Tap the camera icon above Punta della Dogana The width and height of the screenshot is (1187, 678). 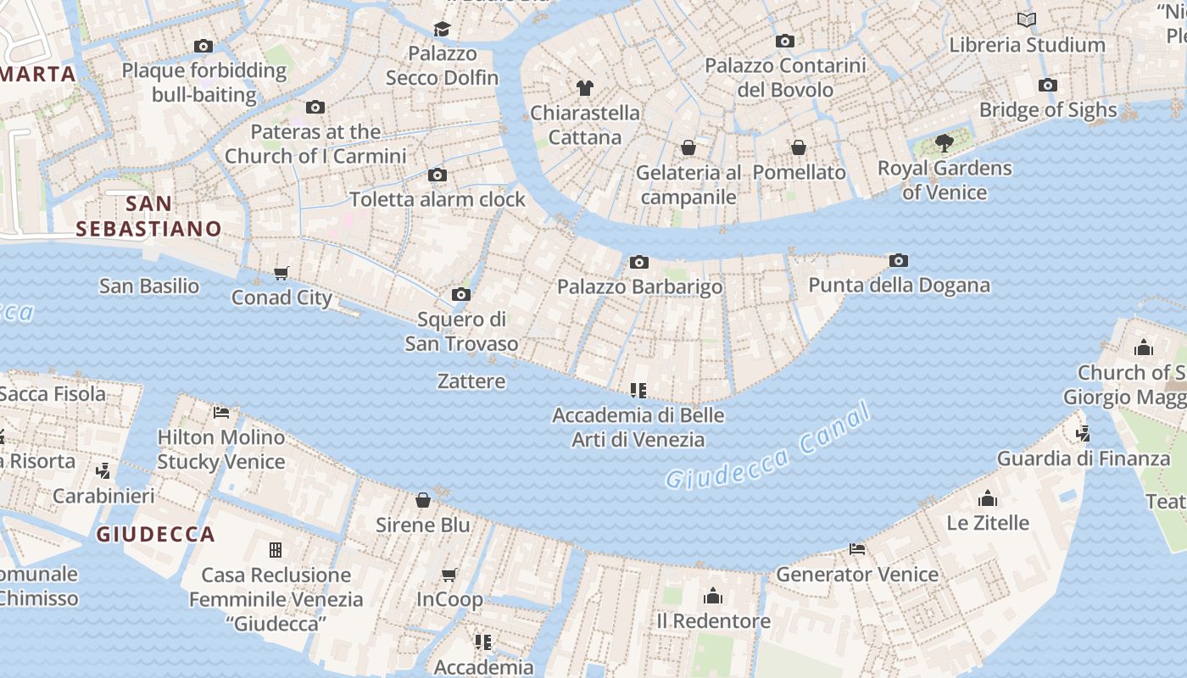tap(899, 260)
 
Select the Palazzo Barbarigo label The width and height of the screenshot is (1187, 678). tap(639, 287)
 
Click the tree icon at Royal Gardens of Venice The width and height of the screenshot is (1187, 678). tap(944, 143)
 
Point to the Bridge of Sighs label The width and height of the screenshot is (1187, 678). tap(1048, 110)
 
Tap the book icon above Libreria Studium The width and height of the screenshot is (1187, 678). tap(1027, 19)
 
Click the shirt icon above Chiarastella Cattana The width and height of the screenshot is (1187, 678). tap(584, 87)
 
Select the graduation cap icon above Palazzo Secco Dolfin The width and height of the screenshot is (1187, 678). tap(442, 29)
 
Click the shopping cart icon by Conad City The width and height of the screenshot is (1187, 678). tap(281, 273)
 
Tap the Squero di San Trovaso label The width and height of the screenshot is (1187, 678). tap(461, 331)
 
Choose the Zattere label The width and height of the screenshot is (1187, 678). tap(471, 381)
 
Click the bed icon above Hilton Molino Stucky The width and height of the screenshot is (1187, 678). tap(221, 413)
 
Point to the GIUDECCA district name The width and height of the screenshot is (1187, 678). tap(155, 535)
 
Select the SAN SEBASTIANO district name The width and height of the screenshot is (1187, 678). tap(148, 216)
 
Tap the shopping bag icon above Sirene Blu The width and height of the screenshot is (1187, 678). tap(423, 500)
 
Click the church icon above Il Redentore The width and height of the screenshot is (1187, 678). tap(713, 596)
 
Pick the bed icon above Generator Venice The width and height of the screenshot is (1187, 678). tap(857, 549)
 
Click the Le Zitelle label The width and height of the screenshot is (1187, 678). tap(988, 523)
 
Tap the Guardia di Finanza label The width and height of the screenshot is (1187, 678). tap(1083, 459)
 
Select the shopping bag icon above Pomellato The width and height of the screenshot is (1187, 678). tap(799, 147)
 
